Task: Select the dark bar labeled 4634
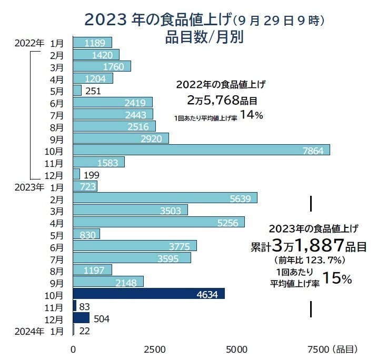pos(148,294)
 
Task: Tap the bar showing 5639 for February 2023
pos(165,198)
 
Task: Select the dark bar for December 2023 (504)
pos(81,318)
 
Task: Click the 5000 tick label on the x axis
pos(237,349)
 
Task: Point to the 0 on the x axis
pos(73,349)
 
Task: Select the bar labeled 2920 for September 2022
pos(121,138)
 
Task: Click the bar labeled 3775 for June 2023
pos(135,246)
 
